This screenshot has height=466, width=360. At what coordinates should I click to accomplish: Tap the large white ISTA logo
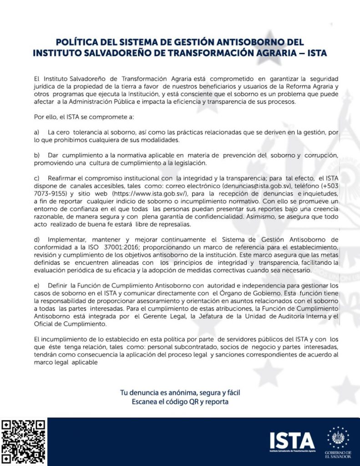coord(292,440)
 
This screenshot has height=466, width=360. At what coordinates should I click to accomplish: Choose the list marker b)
coord(37,155)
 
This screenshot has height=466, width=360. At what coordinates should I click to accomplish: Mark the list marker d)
coord(37,238)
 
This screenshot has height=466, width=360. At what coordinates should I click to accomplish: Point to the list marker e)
coord(37,285)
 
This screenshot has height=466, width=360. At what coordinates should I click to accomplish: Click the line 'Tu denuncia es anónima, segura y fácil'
coord(180,392)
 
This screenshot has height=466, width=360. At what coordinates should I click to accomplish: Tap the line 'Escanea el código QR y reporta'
coord(180,402)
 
